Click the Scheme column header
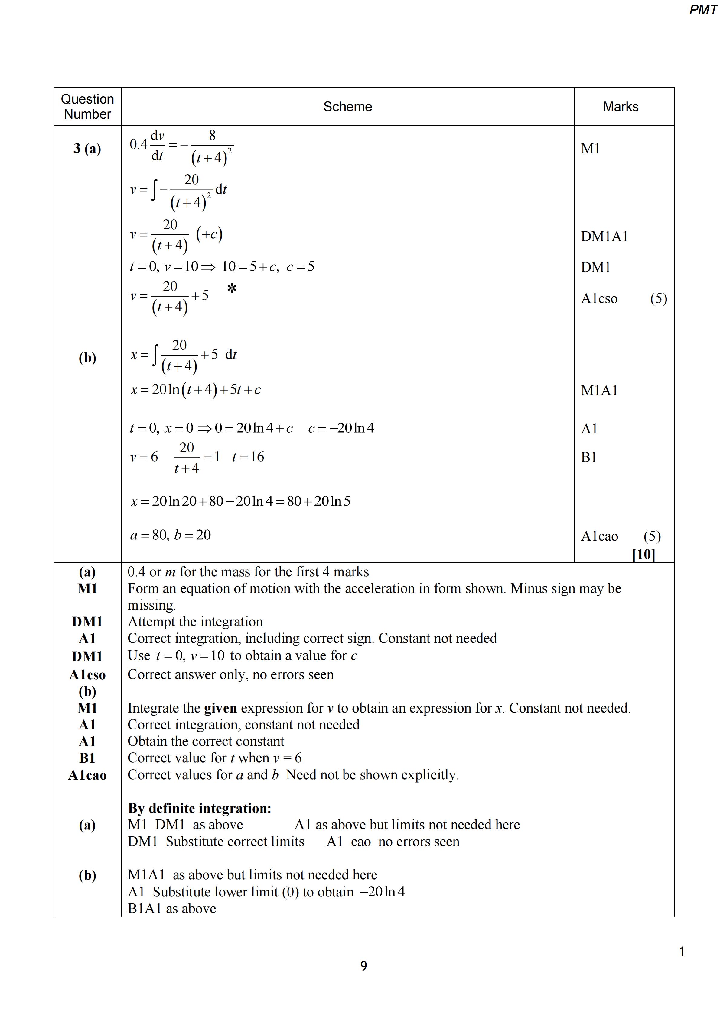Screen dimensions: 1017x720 (x=347, y=107)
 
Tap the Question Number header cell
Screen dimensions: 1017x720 (x=87, y=107)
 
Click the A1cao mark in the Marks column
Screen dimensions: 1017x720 (x=599, y=536)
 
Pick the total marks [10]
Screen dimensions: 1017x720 (x=643, y=554)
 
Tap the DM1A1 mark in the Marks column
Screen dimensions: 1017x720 (x=604, y=237)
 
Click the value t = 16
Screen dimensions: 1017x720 (x=248, y=457)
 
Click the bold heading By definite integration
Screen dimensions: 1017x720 (x=200, y=808)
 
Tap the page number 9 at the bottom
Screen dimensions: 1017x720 (x=363, y=966)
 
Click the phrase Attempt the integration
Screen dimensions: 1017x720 (x=195, y=622)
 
